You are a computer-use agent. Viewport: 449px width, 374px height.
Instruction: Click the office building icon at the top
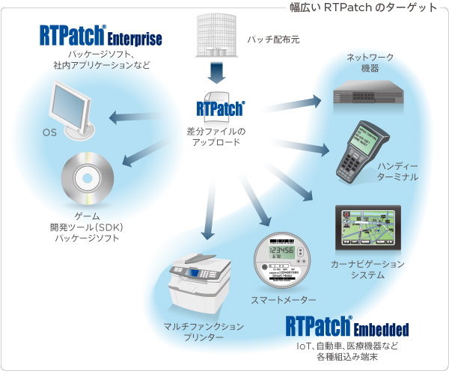(216, 35)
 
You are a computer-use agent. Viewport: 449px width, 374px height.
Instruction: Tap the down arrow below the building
(216, 73)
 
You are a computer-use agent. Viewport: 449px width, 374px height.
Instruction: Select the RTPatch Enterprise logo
(101, 35)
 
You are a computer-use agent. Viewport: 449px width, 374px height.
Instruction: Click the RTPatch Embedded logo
(347, 326)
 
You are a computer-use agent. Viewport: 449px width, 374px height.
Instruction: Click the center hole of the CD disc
(88, 179)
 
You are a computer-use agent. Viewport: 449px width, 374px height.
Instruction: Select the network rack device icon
(368, 93)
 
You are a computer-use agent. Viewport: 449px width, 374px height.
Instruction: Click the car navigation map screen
(368, 227)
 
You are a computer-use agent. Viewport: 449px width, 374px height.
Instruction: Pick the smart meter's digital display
(281, 252)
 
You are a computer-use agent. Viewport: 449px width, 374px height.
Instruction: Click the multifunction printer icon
(199, 282)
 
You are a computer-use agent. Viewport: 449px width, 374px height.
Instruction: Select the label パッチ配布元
(273, 40)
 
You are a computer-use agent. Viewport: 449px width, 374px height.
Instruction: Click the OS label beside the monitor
(49, 132)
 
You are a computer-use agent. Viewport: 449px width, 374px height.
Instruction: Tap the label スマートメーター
(283, 300)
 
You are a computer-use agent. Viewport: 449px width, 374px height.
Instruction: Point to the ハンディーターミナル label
(397, 172)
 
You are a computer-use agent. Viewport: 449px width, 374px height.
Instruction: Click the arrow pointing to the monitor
(135, 117)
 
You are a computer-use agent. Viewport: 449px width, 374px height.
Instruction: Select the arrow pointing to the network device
(290, 104)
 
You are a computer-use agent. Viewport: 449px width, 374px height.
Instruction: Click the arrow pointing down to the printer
(209, 210)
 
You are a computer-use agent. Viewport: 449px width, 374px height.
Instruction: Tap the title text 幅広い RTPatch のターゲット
(363, 7)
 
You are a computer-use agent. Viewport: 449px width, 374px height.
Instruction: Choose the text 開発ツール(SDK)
(87, 227)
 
